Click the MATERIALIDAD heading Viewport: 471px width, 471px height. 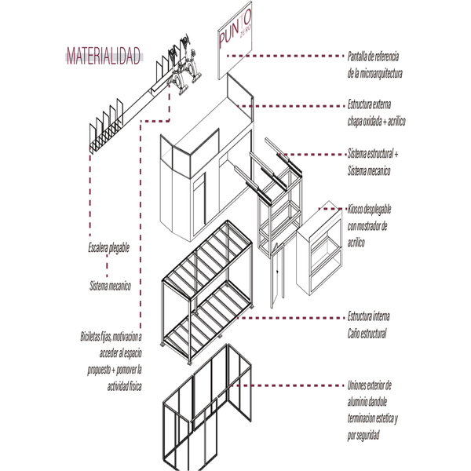(104, 56)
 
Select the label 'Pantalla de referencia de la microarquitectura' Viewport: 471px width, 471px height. (374, 64)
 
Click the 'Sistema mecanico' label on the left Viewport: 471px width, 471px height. (109, 286)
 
